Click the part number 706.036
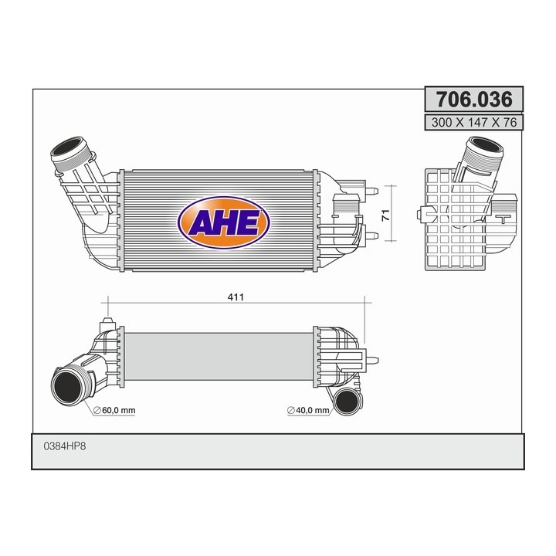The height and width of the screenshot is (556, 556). (474, 100)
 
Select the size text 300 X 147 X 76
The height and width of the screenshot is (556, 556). (474, 122)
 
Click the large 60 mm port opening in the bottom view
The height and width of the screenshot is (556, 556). (68, 385)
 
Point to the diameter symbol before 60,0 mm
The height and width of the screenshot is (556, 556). (97, 410)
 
